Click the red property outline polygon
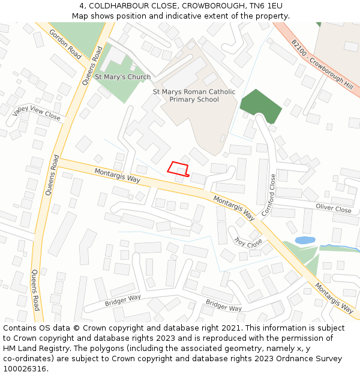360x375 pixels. point(178,169)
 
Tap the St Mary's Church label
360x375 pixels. point(122,77)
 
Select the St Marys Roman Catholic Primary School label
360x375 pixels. point(194,95)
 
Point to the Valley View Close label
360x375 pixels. point(37,112)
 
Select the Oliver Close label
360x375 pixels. point(333,209)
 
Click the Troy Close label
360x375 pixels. point(248,242)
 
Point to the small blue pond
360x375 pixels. point(305,240)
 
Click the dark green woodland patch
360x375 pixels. point(261,106)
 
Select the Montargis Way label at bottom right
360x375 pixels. point(334,298)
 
